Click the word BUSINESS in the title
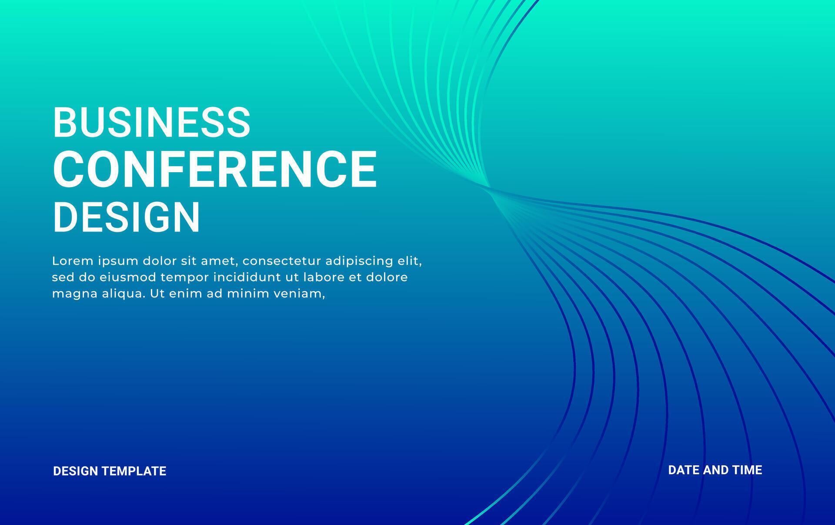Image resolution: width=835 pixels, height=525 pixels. (152, 122)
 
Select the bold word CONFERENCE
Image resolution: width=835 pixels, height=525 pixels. (215, 169)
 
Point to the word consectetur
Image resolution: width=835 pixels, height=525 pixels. (282, 261)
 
